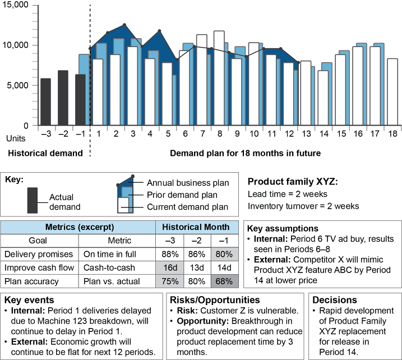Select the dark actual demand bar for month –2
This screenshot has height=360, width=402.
pos(63,98)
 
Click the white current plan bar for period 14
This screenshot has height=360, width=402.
pos(322,98)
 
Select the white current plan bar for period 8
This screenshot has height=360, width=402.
pos(219,79)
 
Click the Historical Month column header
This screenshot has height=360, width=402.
pos(196,227)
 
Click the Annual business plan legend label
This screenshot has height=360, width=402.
pos(188,183)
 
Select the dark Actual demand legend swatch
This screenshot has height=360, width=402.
pos(33,199)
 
